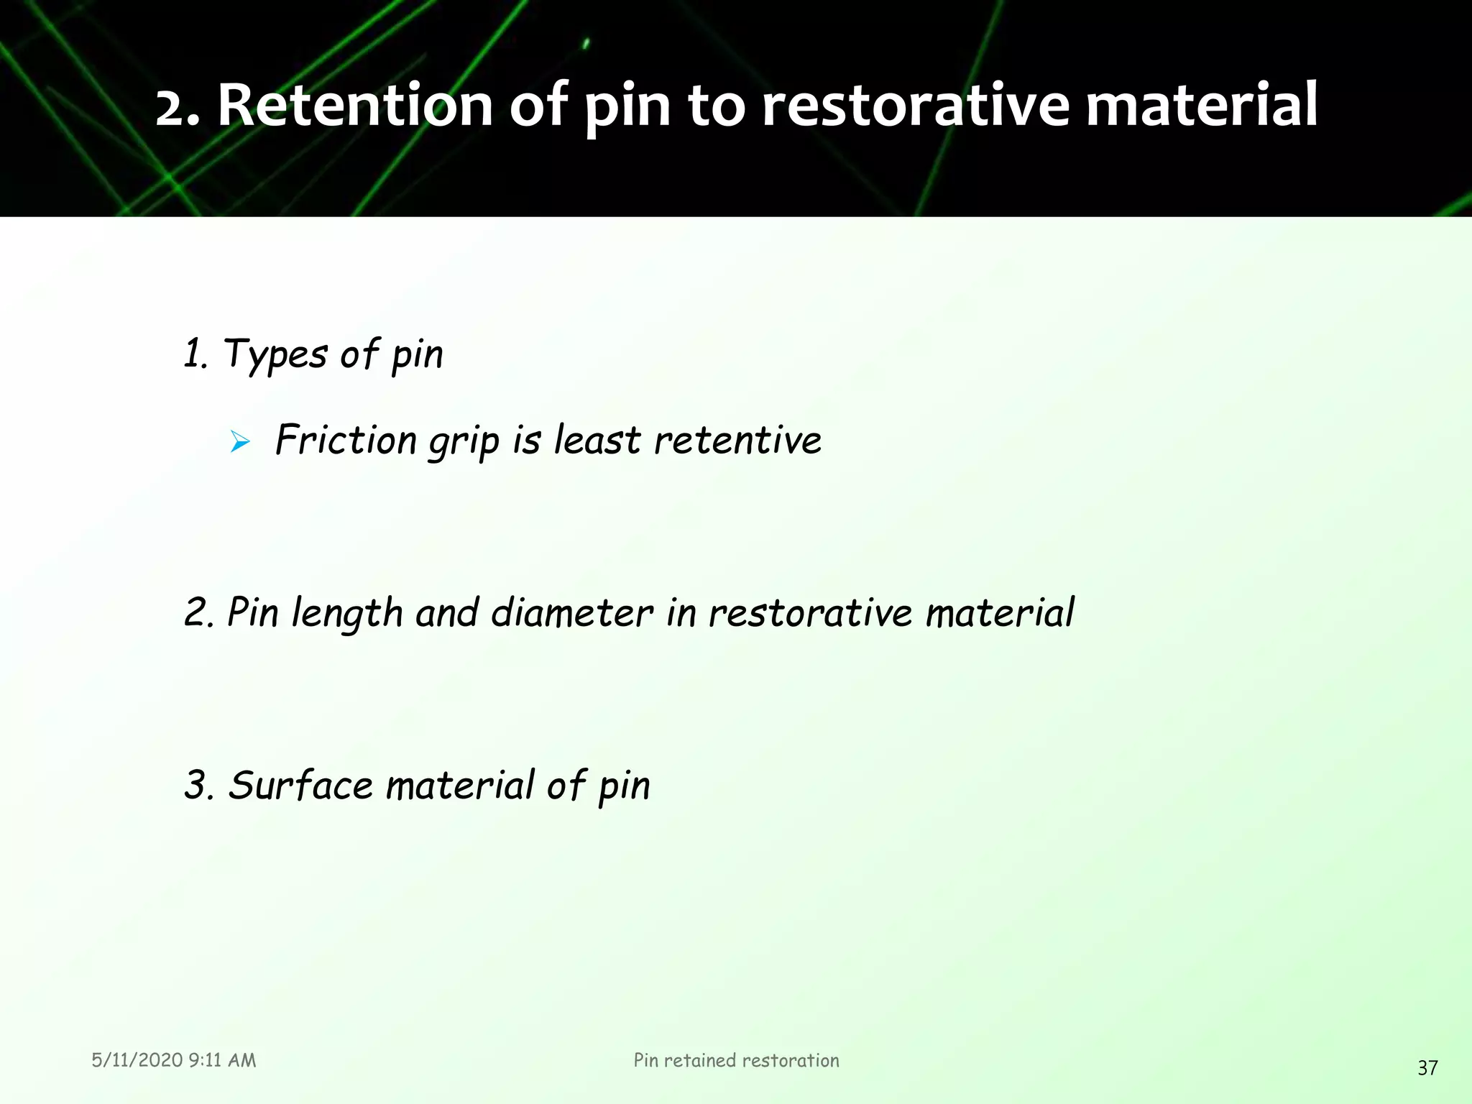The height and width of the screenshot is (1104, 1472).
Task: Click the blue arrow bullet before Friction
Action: click(240, 442)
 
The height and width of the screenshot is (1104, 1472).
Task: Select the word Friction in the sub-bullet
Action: click(346, 440)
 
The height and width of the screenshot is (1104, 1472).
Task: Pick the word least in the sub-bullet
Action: click(597, 440)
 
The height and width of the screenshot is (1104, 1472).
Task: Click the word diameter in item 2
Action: click(572, 613)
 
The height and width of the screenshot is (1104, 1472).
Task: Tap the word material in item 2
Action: click(1000, 613)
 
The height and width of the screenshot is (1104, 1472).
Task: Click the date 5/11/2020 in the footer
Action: click(137, 1060)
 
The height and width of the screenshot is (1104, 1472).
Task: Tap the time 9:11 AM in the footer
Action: click(222, 1060)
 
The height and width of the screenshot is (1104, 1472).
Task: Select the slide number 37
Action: click(1427, 1068)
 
